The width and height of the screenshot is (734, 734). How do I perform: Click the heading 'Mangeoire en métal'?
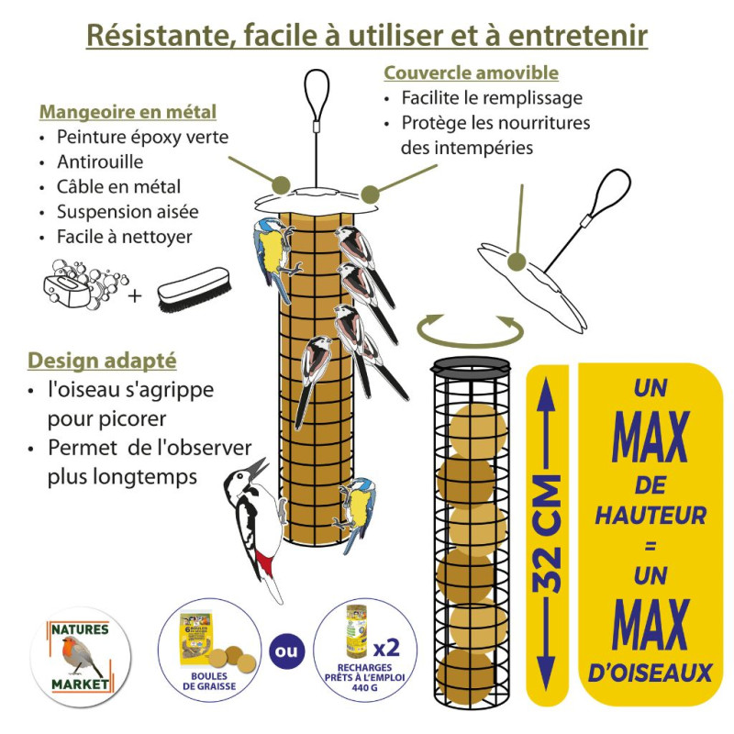[128, 112]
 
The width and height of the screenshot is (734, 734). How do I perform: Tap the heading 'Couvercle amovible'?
[471, 72]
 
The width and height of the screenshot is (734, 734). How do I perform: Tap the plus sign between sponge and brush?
[134, 295]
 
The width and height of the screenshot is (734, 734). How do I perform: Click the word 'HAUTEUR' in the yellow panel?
[651, 516]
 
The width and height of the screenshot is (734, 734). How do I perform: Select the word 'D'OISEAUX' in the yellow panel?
[651, 673]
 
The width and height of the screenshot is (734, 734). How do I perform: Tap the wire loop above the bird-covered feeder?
[317, 92]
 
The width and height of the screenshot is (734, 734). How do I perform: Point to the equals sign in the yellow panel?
[651, 547]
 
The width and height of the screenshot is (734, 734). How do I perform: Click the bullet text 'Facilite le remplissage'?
[492, 98]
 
